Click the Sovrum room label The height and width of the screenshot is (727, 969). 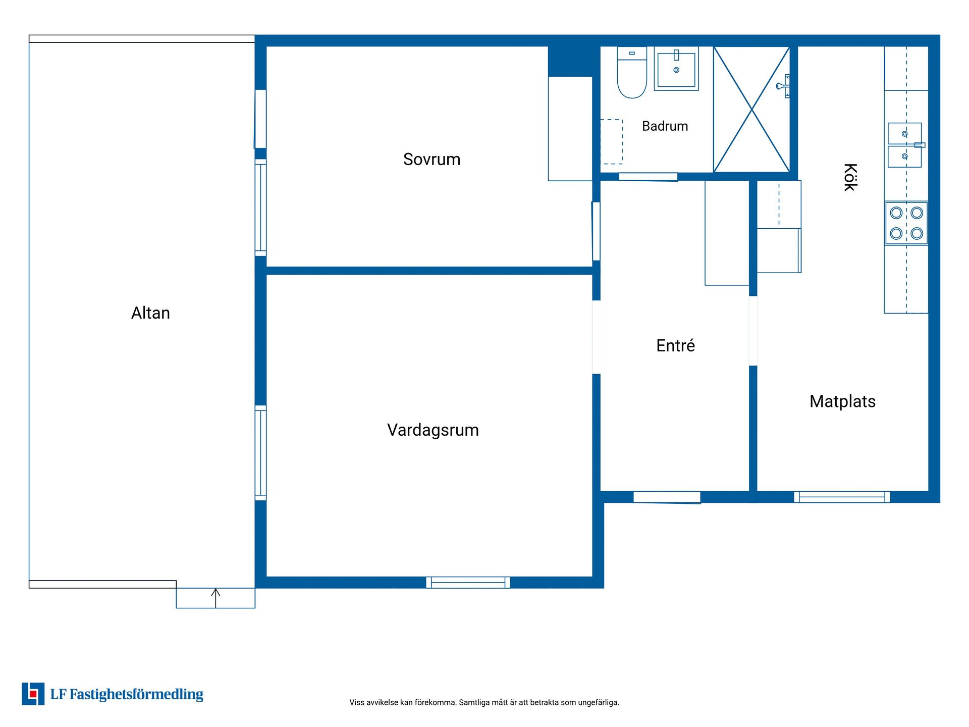coord(432,160)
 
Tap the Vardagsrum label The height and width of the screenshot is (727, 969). coord(433,430)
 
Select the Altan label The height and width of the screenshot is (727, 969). coord(150,313)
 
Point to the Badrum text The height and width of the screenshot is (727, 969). coord(665,126)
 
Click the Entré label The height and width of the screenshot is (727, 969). coord(675,345)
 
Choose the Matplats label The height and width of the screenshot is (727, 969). coord(842,401)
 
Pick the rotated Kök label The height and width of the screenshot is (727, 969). coord(850,177)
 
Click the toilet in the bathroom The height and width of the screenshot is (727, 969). coord(632,72)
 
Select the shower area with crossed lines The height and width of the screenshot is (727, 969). coord(751,109)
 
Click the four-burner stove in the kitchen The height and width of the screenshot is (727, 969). coord(906,223)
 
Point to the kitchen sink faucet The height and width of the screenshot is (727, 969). coord(920,145)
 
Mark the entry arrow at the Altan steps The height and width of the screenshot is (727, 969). coord(216,598)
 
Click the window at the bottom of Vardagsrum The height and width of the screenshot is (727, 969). coord(468,583)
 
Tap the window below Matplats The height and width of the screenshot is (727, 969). coord(842,497)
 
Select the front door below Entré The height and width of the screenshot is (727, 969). coord(667,497)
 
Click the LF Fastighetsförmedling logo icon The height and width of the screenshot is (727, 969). coord(33,694)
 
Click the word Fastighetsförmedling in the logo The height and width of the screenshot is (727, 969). coord(136,695)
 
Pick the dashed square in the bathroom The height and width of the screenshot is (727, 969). coord(611,142)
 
